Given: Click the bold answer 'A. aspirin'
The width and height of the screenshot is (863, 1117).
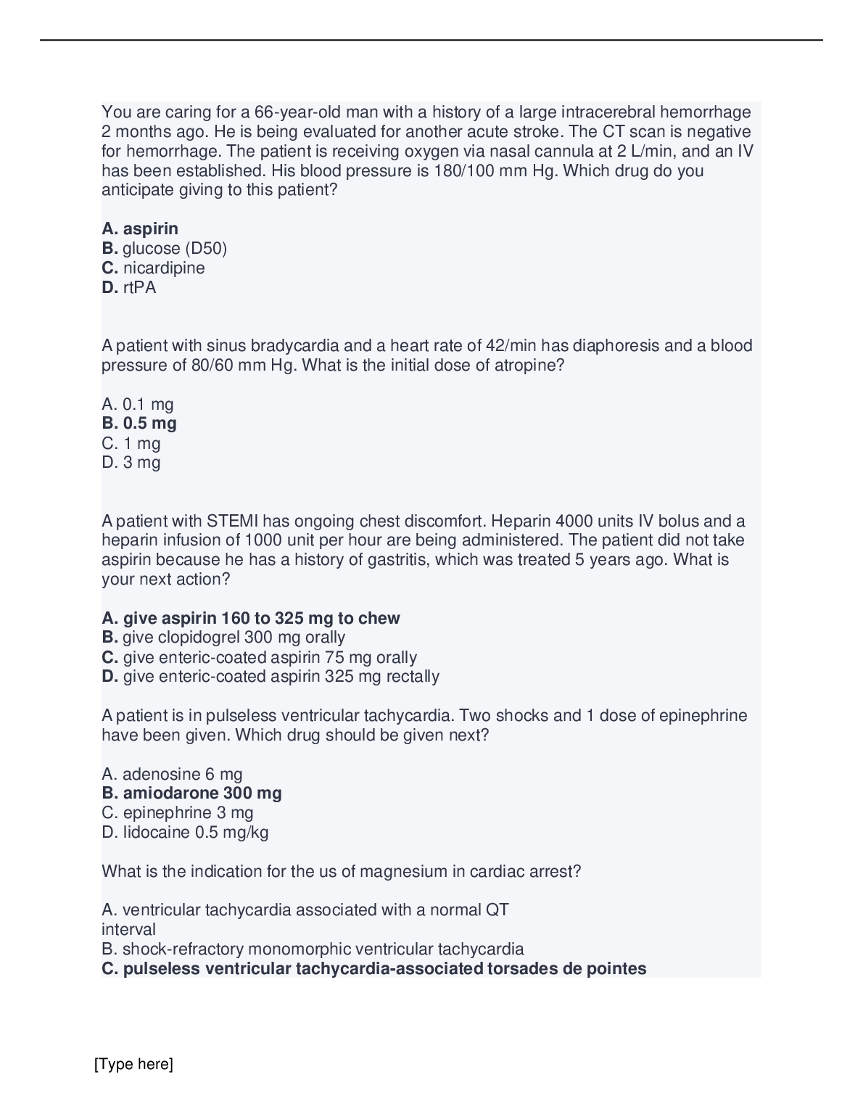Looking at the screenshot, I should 140,229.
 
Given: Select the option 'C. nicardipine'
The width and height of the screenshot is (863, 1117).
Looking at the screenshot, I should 153,268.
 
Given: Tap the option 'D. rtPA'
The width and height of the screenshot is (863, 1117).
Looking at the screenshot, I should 129,288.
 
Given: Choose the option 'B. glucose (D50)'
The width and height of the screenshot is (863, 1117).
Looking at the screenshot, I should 165,249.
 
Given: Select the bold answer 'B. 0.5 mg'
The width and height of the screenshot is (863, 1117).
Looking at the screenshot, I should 139,424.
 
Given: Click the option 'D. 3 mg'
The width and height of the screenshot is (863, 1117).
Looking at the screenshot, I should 131,463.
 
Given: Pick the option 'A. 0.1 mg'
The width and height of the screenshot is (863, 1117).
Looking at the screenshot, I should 138,404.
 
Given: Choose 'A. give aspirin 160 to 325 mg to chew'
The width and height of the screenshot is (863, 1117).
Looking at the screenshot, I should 251,619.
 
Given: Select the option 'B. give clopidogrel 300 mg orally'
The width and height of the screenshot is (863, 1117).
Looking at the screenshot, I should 223,638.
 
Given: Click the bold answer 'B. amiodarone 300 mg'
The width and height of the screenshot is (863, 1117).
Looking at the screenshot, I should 192,794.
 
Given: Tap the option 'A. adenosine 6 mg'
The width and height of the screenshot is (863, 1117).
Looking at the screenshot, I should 172,774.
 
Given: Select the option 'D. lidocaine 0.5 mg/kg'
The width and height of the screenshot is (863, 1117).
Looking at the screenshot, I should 185,833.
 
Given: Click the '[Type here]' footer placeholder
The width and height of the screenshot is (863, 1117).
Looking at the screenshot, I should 133,1065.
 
